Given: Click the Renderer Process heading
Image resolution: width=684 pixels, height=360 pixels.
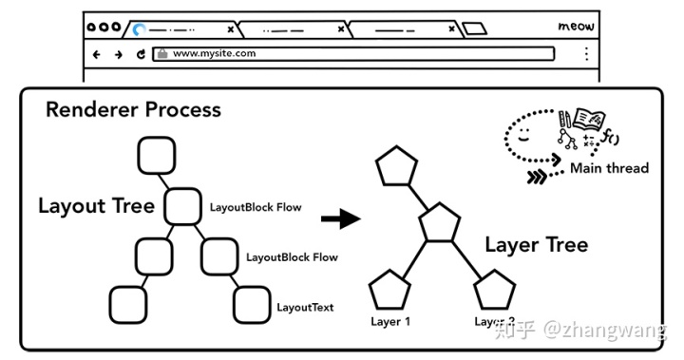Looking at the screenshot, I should [x=133, y=109].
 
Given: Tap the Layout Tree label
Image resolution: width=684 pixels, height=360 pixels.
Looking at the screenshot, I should [x=96, y=206].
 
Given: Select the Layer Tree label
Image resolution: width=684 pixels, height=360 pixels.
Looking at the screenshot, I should [x=536, y=245].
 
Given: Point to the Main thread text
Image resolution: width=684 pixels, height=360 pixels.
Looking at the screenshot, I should [x=609, y=168].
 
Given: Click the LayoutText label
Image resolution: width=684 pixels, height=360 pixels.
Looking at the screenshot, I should [x=305, y=308].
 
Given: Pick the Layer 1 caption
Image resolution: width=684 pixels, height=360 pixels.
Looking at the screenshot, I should [x=390, y=322].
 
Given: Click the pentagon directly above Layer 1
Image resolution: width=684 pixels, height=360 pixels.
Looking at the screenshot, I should [x=389, y=289].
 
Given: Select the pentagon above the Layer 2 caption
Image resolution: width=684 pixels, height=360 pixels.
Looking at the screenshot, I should [x=494, y=289].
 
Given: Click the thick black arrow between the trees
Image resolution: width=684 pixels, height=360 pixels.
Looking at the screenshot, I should [x=340, y=219].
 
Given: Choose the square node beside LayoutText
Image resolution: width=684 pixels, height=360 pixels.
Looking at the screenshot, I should [x=252, y=304].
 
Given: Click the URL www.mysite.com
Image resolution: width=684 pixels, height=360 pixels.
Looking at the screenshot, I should [x=214, y=54].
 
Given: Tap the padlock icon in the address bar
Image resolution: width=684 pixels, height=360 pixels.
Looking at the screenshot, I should [x=162, y=54].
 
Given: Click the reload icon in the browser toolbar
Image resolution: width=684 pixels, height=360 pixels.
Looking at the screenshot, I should [x=141, y=54].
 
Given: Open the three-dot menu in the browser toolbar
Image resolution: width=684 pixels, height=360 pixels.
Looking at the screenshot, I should [x=586, y=54].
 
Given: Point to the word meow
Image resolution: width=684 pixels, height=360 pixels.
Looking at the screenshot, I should [x=576, y=27].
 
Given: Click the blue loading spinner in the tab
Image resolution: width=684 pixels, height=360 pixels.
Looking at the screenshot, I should [x=141, y=28].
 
